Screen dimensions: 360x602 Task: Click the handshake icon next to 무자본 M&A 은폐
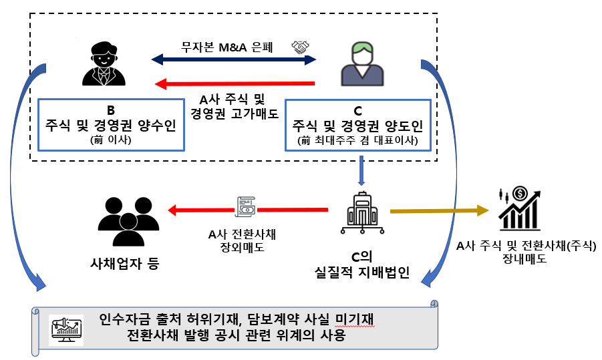click(x=301, y=47)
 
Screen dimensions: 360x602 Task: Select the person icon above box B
click(x=102, y=64)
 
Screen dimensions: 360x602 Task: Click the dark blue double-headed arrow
click(x=234, y=60)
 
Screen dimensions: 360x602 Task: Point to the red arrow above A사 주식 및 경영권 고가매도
click(x=235, y=83)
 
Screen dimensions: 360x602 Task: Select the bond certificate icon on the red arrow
click(x=247, y=206)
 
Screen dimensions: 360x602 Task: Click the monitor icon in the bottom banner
click(x=66, y=327)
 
